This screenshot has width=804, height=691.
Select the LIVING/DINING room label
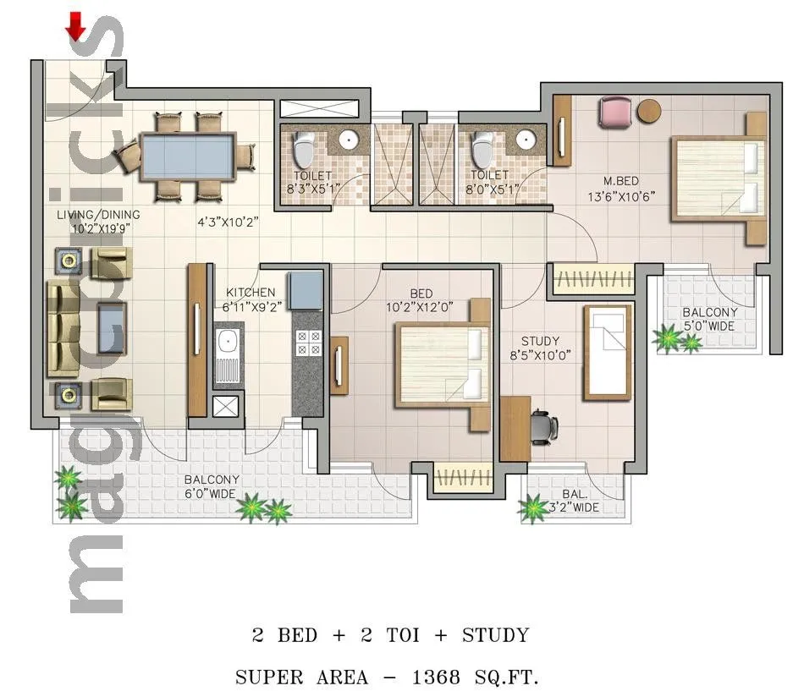click(98, 221)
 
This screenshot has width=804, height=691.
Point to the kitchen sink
click(227, 343)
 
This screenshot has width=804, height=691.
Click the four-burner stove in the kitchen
click(308, 343)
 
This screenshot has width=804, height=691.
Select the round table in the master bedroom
click(649, 112)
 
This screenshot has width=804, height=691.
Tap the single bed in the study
click(608, 351)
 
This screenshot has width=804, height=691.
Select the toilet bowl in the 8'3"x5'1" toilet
click(302, 151)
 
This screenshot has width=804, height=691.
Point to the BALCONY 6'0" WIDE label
click(212, 485)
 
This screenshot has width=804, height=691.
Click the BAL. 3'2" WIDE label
click(581, 501)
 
